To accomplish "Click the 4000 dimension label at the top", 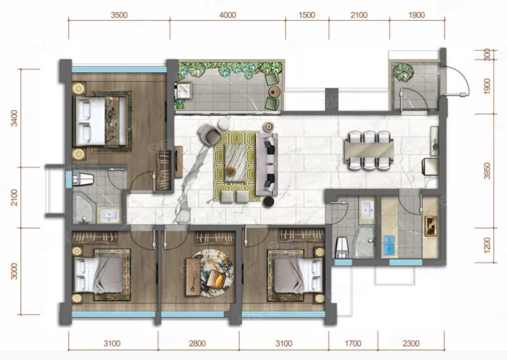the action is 228,15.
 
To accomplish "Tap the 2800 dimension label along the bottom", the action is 197,343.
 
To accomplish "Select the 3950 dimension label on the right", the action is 487,170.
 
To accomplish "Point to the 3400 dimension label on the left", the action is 14,118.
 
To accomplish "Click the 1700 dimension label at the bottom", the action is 353,343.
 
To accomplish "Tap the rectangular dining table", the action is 369,150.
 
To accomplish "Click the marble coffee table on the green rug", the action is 235,162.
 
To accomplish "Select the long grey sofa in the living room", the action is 267,164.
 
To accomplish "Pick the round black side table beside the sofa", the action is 268,202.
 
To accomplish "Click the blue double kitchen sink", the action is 388,245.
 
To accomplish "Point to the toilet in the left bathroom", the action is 83,179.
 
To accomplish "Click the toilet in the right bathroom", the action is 342,247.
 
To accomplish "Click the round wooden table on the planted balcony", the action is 274,92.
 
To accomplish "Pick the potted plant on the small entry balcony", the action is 403,72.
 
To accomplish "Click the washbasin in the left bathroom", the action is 109,215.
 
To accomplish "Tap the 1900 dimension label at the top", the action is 416,15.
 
